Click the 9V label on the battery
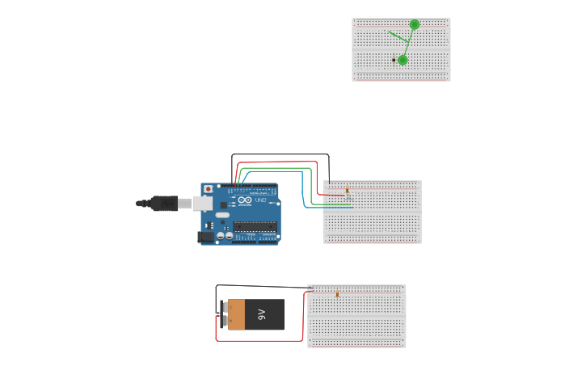[x=262, y=314]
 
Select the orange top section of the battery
[x=236, y=314]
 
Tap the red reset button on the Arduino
[x=208, y=189]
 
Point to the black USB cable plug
[x=164, y=204]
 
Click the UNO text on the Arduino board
[x=261, y=200]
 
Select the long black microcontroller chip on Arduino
[x=255, y=226]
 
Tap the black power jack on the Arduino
[x=205, y=237]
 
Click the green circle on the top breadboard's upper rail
[x=415, y=24]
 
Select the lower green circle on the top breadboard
[x=403, y=60]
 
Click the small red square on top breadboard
[x=394, y=60]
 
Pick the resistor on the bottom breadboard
[x=337, y=294]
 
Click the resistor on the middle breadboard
[x=347, y=191]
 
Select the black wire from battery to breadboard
[x=259, y=286]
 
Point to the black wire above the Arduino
[x=279, y=154]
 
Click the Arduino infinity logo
[x=245, y=200]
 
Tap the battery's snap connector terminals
[x=223, y=314]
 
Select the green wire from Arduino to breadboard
[x=310, y=186]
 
